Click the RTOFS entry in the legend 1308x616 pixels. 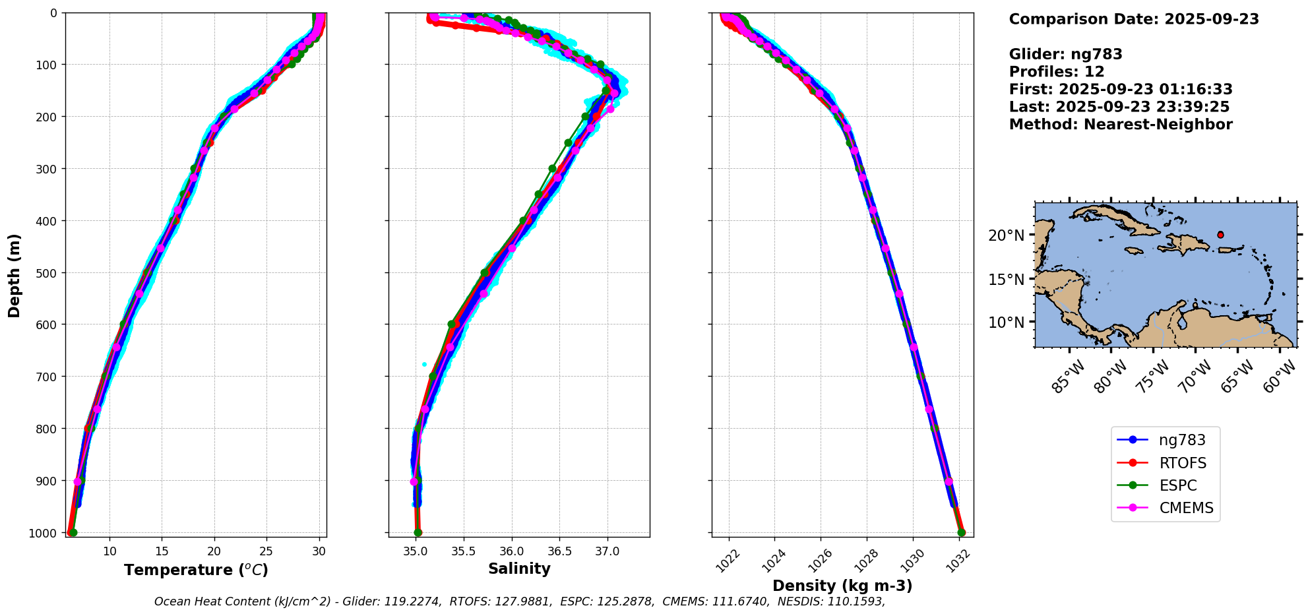point(1182,463)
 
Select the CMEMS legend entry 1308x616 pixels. point(1186,508)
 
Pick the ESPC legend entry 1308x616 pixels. point(1177,485)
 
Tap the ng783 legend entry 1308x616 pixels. point(1182,441)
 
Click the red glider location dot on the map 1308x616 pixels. point(1220,235)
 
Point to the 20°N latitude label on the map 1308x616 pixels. point(1006,235)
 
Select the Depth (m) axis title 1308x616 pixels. point(14,275)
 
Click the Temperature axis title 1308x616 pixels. point(196,570)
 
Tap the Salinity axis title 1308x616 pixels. point(519,569)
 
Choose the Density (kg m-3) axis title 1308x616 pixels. point(842,586)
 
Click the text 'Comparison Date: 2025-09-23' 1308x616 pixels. point(1134,19)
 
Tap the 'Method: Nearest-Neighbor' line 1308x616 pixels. point(1121,124)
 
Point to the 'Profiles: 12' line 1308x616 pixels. point(1057,72)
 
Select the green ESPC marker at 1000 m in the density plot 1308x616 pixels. point(961,532)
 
